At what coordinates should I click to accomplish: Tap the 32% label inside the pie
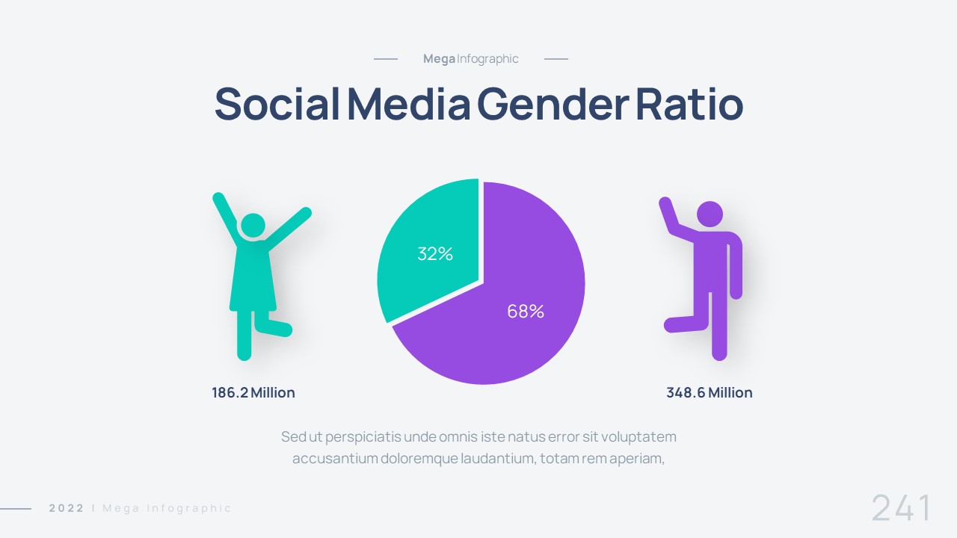pyautogui.click(x=435, y=254)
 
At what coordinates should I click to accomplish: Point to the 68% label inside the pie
pyautogui.click(x=526, y=312)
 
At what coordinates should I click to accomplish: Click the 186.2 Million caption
pyautogui.click(x=253, y=393)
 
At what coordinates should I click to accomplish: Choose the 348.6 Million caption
pyautogui.click(x=709, y=393)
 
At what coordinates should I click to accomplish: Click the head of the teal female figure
pyautogui.click(x=253, y=226)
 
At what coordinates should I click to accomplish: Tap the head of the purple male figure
pyautogui.click(x=710, y=214)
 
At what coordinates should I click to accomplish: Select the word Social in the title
pyautogui.click(x=277, y=105)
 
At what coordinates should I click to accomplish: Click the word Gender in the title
pyautogui.click(x=553, y=105)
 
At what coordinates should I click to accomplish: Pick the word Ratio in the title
pyautogui.click(x=689, y=105)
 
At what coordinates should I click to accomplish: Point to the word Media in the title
pyautogui.click(x=408, y=105)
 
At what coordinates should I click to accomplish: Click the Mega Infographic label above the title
pyautogui.click(x=470, y=59)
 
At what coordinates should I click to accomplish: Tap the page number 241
pyautogui.click(x=902, y=508)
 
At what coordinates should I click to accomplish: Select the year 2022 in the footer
pyautogui.click(x=67, y=508)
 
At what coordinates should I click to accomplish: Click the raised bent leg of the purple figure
pyautogui.click(x=684, y=324)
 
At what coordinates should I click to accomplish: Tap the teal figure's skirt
pyautogui.click(x=253, y=280)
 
